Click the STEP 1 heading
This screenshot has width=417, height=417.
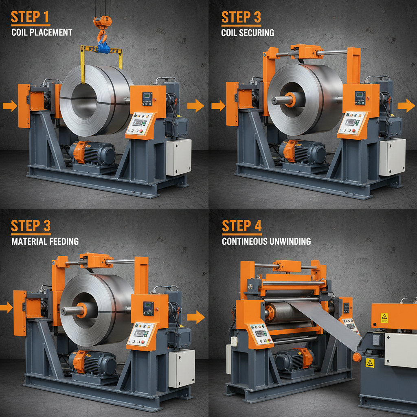31,17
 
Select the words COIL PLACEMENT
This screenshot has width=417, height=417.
42,32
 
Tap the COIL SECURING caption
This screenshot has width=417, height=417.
248,33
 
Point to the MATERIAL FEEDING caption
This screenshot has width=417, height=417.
45,241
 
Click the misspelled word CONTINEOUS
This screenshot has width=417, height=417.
244,241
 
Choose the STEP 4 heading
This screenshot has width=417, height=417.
241,226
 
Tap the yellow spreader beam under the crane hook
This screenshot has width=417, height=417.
101,50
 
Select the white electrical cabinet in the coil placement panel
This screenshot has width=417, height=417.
178,157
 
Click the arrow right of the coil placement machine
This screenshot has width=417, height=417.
195,105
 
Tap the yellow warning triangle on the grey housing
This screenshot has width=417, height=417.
369,363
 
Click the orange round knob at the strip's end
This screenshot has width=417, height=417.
357,358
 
